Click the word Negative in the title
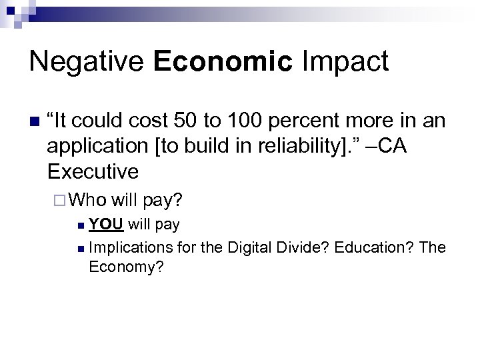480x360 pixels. [x=85, y=61]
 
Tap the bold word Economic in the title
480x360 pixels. [x=223, y=61]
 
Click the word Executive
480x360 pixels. [x=93, y=171]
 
